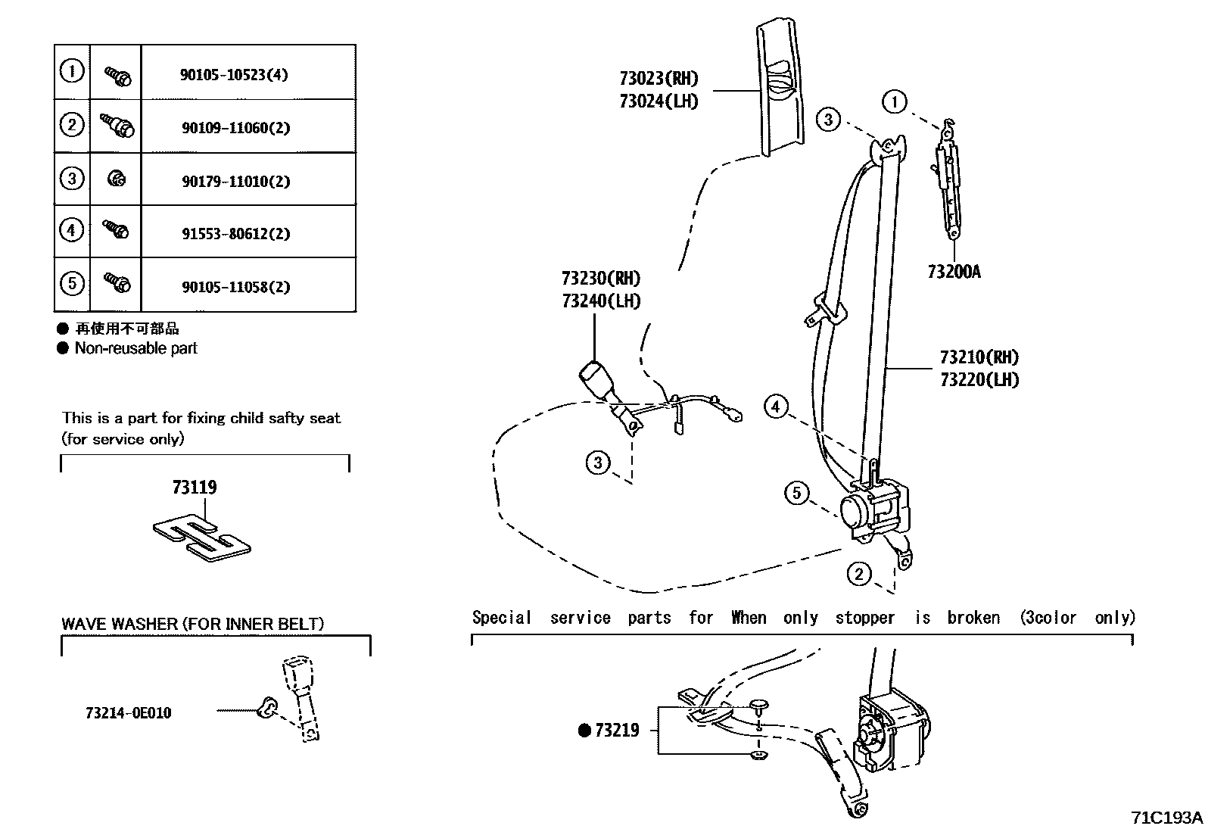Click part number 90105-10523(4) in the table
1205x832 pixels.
coord(234,75)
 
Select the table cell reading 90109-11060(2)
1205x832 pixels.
coord(235,128)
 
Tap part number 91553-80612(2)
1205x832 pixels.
coord(235,234)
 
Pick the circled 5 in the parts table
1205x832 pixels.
coord(71,284)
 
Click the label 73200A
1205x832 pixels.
coord(953,272)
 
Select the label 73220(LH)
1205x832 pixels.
coord(979,380)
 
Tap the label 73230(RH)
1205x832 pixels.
coord(601,278)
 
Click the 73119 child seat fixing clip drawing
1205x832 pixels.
coord(202,538)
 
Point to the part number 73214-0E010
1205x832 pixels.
coord(128,713)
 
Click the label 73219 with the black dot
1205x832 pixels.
coord(609,731)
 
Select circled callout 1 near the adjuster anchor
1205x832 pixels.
coord(895,101)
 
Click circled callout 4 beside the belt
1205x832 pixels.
coord(775,407)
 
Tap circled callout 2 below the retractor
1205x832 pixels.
coord(858,574)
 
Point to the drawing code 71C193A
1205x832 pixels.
coord(1166,818)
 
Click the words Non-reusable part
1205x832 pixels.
coord(135,348)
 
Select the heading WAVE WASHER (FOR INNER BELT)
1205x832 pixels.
coord(192,624)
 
